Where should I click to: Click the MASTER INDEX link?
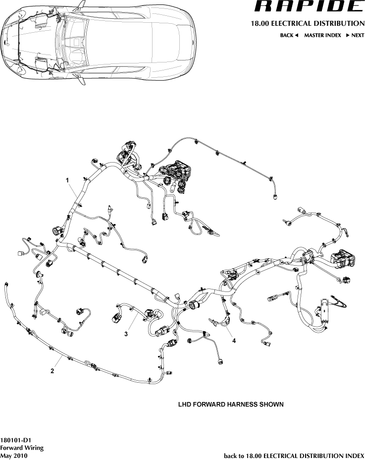[322, 36]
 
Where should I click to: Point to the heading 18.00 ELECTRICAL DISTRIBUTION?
[308, 23]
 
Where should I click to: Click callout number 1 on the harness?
[67, 181]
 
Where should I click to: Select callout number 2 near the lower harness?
[52, 370]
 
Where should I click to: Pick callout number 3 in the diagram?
[126, 335]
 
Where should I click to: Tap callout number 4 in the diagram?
[234, 341]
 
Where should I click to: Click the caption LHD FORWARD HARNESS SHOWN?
[231, 404]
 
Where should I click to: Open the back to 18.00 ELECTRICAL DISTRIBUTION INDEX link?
[294, 456]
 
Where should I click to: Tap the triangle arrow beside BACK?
[296, 36]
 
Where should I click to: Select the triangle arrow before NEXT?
[348, 36]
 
